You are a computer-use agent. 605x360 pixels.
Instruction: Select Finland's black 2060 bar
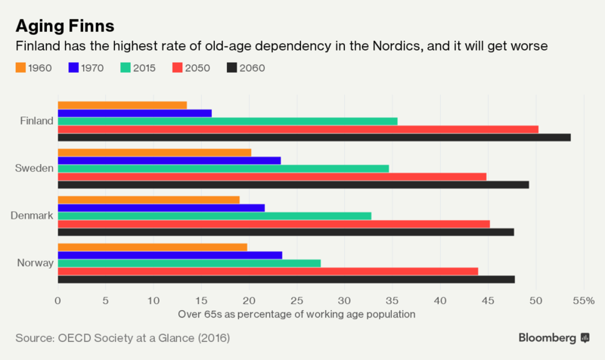tap(314, 137)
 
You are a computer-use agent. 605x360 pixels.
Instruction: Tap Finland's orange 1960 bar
tap(122, 104)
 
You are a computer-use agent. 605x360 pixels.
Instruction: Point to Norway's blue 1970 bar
tap(169, 255)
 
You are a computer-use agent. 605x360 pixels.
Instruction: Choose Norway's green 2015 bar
tap(189, 263)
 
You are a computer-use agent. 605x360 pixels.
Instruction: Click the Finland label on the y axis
tap(37, 121)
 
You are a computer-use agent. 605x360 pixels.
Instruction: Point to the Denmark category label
tap(32, 216)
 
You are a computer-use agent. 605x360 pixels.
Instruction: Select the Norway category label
tap(35, 263)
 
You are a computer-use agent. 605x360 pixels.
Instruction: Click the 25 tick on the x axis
tap(296, 300)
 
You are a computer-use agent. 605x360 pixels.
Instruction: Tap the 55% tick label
tap(583, 300)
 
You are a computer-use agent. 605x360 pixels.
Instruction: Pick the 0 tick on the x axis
tap(58, 300)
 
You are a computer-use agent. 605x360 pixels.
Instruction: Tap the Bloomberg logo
tap(554, 337)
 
